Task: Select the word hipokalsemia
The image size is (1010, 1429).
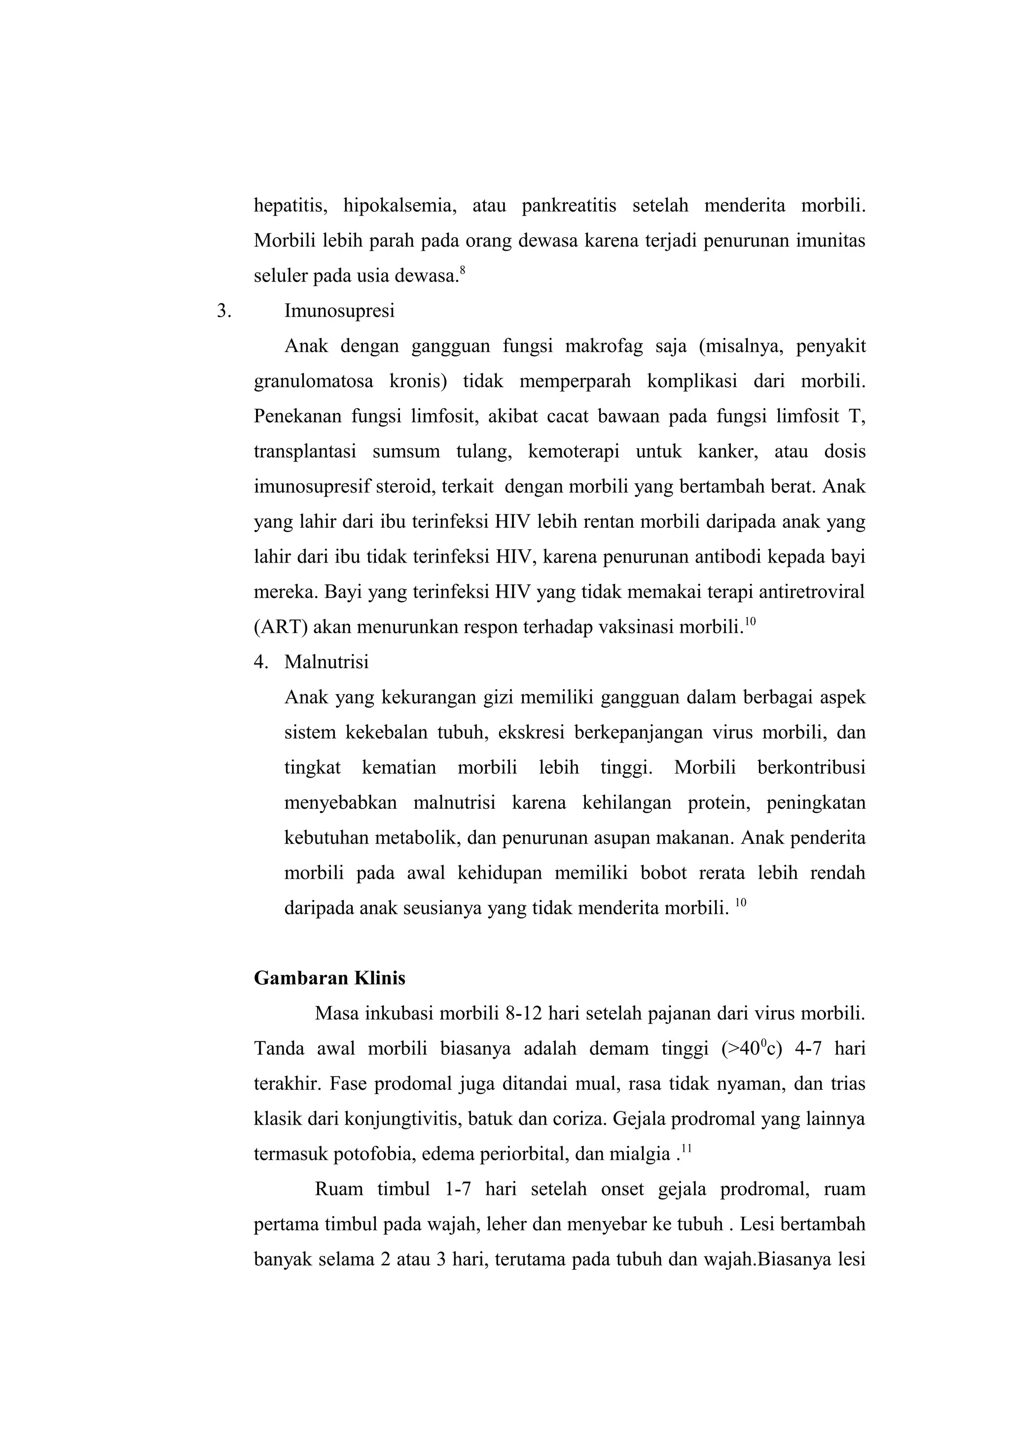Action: tap(399, 206)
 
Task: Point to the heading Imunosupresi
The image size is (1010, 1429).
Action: tap(339, 311)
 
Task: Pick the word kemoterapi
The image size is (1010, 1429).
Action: tap(573, 452)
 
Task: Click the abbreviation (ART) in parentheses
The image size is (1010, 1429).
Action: tap(281, 627)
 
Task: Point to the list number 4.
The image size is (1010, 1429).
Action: tap(261, 662)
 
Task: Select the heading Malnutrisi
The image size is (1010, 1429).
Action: tap(326, 662)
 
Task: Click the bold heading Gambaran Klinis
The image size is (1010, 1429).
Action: tap(329, 978)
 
